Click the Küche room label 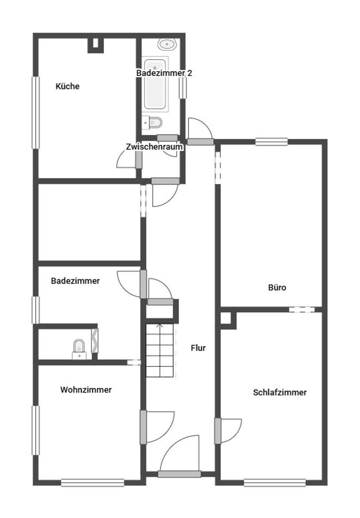[x=67, y=86]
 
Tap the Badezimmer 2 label [x=164, y=73]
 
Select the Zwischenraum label [x=154, y=147]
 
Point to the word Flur [x=198, y=348]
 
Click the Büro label [x=277, y=287]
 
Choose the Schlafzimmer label [x=280, y=392]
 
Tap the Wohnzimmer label [x=86, y=390]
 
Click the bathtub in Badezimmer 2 [x=155, y=84]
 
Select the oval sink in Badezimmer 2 [x=167, y=44]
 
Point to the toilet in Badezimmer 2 [x=152, y=122]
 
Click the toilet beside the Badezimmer [x=79, y=349]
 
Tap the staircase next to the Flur [x=160, y=351]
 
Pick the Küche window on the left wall [x=35, y=112]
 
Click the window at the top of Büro [x=272, y=142]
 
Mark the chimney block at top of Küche [x=95, y=46]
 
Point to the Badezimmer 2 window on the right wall [x=183, y=88]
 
